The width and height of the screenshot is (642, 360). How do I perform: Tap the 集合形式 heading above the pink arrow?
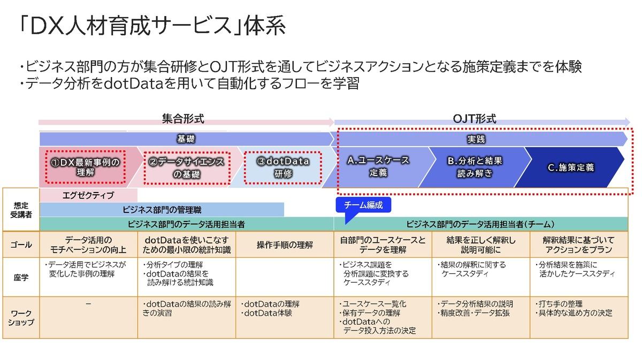click(183, 119)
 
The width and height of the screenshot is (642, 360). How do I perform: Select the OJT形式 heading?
click(475, 119)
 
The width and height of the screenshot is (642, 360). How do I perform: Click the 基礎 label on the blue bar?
click(186, 139)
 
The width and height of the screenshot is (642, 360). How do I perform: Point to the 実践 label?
click(476, 139)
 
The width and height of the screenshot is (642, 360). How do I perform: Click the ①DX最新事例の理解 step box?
click(86, 167)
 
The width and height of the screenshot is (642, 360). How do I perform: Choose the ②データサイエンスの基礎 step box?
click(187, 168)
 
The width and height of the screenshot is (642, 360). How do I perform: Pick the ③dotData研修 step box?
click(283, 167)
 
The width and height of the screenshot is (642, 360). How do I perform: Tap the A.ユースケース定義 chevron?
click(378, 166)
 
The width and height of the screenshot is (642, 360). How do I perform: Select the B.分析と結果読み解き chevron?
click(475, 167)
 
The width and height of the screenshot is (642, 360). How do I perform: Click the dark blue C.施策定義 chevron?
click(570, 167)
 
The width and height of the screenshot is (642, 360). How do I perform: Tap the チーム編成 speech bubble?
click(363, 205)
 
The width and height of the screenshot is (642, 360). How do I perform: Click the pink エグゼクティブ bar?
click(88, 195)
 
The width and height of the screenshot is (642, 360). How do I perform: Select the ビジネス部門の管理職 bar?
click(162, 210)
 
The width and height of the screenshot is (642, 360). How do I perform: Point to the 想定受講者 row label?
click(21, 210)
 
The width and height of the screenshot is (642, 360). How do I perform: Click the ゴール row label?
click(21, 244)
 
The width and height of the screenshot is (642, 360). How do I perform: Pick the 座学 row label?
click(21, 278)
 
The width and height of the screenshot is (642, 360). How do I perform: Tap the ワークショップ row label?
click(21, 318)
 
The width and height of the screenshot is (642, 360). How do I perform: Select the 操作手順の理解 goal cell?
click(285, 245)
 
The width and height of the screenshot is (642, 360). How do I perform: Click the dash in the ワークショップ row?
click(88, 304)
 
